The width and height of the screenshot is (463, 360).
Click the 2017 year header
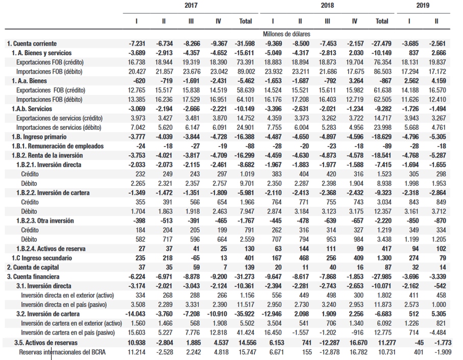[191, 6]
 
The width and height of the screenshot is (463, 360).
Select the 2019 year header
[423, 6]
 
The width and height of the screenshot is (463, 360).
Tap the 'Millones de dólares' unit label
[286, 34]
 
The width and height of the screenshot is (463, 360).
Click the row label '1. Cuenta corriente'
[32, 43]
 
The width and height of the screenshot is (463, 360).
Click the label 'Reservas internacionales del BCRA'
[63, 352]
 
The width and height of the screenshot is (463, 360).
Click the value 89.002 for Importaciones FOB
[245, 71]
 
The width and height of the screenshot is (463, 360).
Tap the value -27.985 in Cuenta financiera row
[380, 276]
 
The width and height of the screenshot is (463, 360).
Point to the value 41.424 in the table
[245, 332]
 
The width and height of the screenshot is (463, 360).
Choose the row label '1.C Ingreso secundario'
[39, 258]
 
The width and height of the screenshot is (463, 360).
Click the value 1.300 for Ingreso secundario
[382, 258]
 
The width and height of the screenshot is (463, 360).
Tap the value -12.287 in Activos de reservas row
[326, 342]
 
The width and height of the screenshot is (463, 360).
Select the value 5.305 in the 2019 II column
[435, 314]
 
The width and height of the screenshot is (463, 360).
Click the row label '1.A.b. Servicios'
[34, 109]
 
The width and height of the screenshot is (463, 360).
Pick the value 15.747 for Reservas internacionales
[245, 352]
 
